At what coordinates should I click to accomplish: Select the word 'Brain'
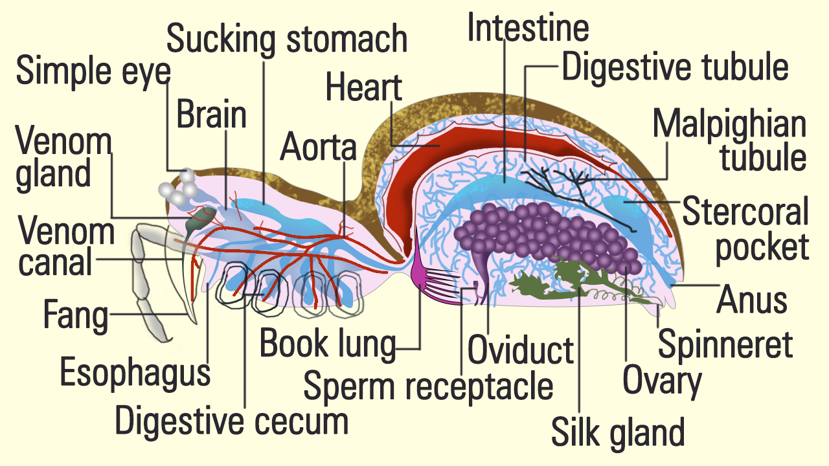212,115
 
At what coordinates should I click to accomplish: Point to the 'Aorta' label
318,148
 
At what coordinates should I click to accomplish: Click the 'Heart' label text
364,87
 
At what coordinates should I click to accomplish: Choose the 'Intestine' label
528,27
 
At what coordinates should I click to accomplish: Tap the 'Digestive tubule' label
675,67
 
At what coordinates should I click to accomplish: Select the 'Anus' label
751,300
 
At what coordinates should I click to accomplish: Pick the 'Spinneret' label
725,344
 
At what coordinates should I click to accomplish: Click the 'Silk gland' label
617,432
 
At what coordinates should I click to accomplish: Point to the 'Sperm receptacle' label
428,386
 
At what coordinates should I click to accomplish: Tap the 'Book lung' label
327,344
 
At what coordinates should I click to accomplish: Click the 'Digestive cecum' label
231,421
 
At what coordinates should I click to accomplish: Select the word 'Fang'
75,316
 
